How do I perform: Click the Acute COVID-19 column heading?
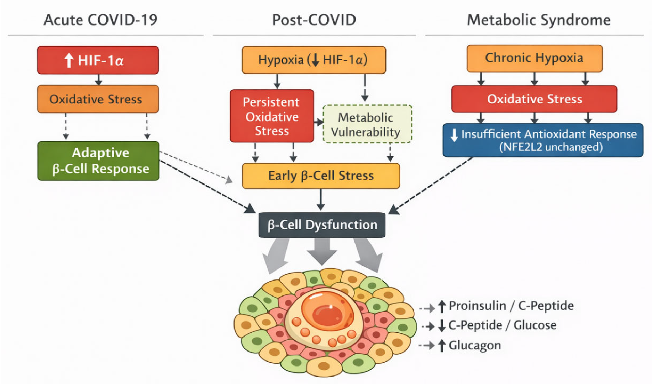coord(100,20)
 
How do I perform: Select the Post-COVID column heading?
coord(314,20)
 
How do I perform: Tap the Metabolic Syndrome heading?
coord(539,20)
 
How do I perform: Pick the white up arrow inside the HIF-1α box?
coord(69,60)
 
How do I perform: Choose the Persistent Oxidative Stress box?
coord(272,116)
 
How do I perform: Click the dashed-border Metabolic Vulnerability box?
coord(367,124)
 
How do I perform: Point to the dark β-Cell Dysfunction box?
coord(322,225)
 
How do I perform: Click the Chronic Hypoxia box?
coord(535,58)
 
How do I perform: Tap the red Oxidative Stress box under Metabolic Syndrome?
coord(535,99)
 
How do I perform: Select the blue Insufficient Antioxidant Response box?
coord(543,140)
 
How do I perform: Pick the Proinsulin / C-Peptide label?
coord(511,306)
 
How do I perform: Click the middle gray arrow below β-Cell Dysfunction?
coord(322,251)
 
